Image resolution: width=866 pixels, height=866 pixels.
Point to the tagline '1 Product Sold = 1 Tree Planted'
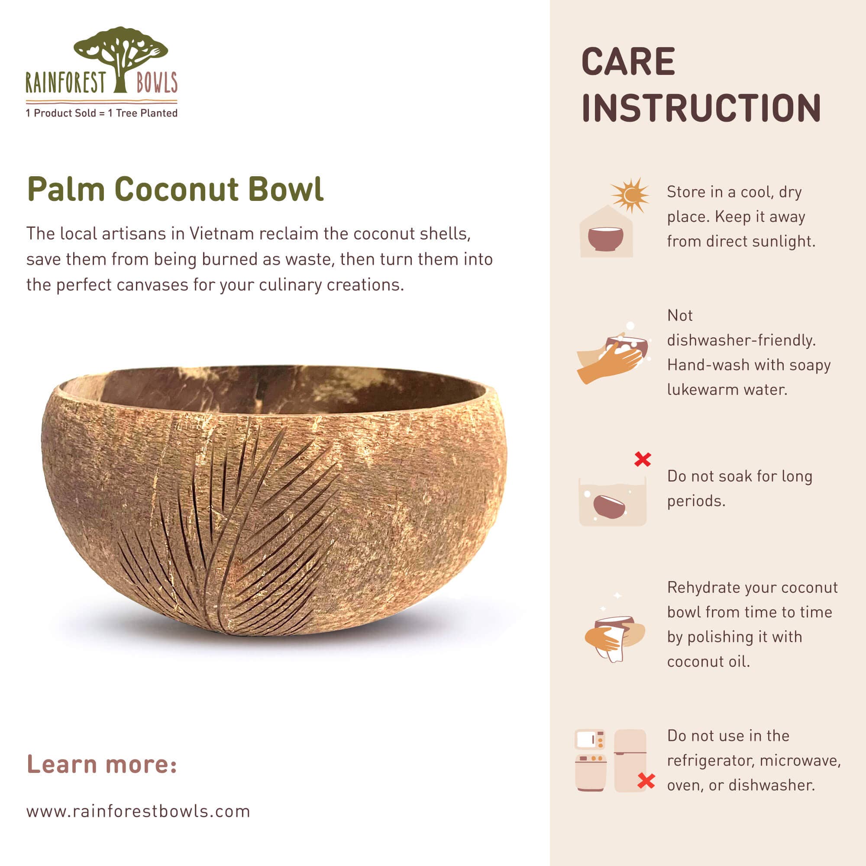pos(102,113)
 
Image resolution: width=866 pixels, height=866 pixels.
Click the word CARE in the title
pos(628,62)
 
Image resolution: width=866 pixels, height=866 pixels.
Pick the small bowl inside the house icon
pos(605,238)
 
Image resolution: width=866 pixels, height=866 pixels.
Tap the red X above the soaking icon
pos(642,459)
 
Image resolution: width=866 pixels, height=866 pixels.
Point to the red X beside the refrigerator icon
pos(646,781)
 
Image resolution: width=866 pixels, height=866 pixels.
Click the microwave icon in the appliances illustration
pos(589,740)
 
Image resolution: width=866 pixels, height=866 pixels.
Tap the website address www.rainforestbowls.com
pos(138,811)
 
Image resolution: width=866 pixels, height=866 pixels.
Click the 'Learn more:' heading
pos(102,764)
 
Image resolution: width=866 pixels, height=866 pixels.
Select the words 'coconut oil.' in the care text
pos(708,662)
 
